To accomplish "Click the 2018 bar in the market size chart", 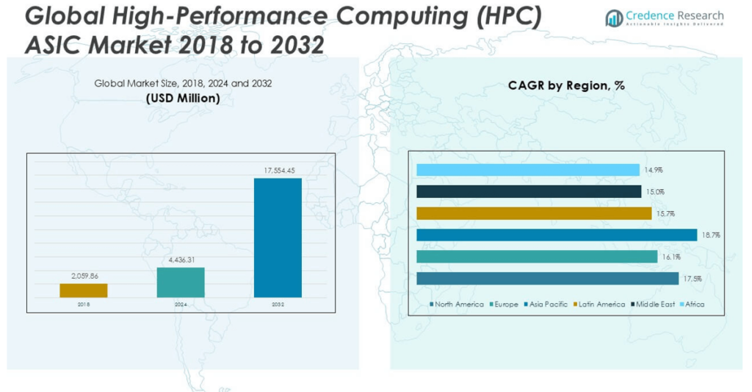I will [83, 291].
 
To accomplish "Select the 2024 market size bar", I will [181, 282].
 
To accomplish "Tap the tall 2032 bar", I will [278, 238].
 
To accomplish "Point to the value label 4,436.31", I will [181, 260].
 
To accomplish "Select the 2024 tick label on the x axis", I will [181, 304].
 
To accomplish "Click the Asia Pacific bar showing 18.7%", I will [556, 235].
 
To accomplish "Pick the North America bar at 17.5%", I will [547, 279].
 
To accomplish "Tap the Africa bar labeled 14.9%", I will [527, 170].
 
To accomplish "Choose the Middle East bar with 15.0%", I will [528, 191].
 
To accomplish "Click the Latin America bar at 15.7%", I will [533, 213].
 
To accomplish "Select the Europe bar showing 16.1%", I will [536, 257].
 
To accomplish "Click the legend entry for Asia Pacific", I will [546, 304].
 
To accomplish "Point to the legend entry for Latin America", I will [599, 304].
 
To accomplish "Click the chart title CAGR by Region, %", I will [566, 85].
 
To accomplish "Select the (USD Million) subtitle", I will [183, 98].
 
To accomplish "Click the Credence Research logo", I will [665, 18].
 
